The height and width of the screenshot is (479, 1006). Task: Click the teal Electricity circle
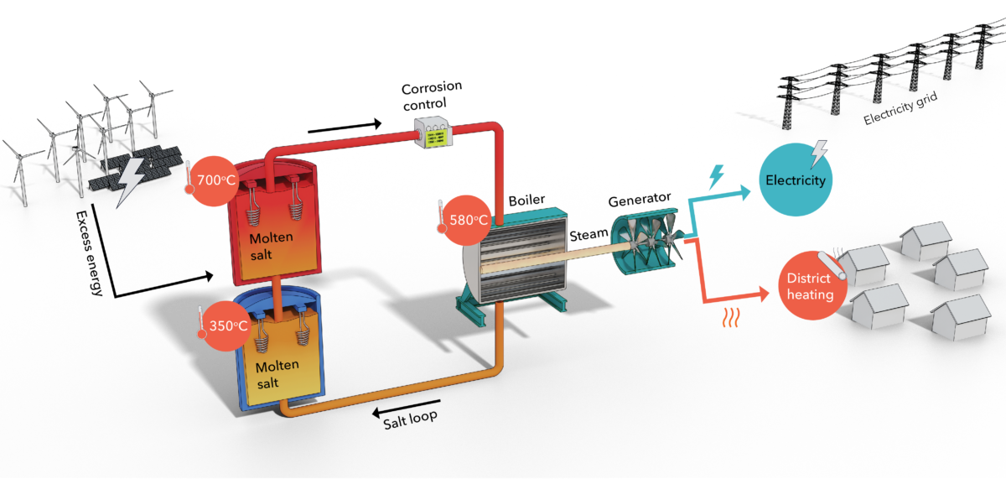tap(795, 180)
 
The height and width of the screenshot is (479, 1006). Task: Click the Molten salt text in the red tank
tap(271, 244)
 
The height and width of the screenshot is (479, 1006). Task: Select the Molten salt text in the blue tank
tap(277, 374)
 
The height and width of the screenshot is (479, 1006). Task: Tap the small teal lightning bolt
tap(717, 177)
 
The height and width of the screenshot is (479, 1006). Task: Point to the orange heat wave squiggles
tap(732, 317)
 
